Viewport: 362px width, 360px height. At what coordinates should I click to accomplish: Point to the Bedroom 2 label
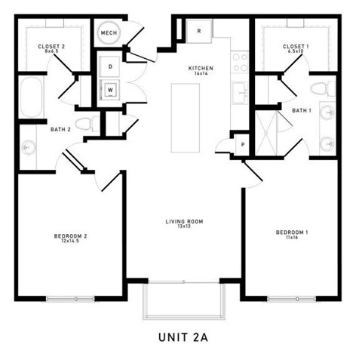[71, 238]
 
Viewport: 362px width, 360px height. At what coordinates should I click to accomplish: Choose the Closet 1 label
[294, 49]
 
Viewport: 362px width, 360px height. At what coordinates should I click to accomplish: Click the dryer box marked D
[110, 67]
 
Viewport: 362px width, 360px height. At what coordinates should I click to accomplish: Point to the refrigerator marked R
[199, 32]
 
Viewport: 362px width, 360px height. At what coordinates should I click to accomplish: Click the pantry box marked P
[243, 143]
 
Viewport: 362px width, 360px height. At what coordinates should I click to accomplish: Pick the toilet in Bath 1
[321, 89]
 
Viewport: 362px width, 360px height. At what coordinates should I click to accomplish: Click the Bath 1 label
[302, 112]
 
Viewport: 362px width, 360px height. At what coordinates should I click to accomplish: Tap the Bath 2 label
[61, 130]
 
